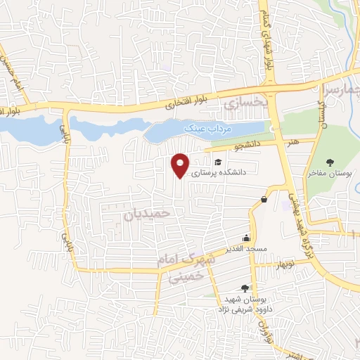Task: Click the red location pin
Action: (181, 165)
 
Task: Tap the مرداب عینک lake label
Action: (203, 129)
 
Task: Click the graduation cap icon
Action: (228, 162)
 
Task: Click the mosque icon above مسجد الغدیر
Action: (246, 237)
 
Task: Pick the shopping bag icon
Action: (264, 199)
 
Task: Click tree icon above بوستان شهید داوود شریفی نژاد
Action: (244, 288)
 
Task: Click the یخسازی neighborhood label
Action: (245, 105)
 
